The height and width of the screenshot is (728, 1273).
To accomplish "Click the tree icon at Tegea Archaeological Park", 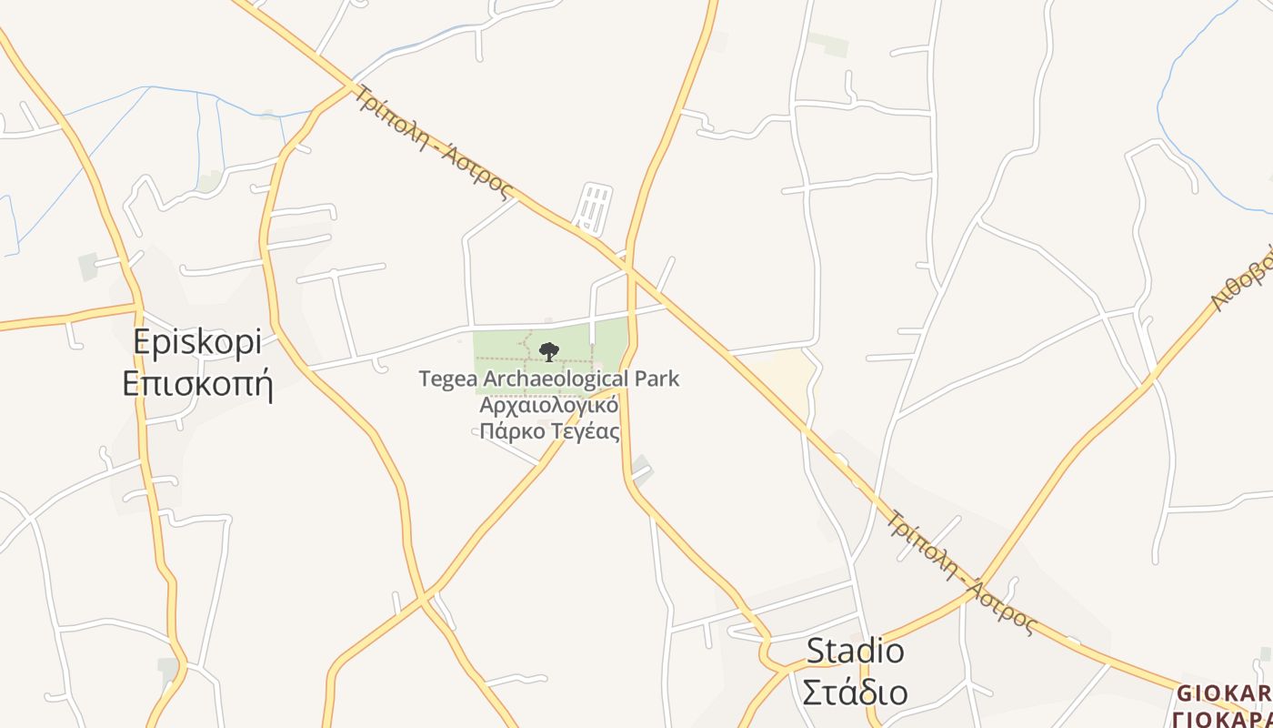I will pos(548,351).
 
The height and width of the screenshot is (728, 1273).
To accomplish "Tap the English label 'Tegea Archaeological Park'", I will pos(548,379).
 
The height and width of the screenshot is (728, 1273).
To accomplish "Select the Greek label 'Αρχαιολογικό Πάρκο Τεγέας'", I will pos(549,418).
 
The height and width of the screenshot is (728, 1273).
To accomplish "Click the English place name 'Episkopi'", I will pos(197,342).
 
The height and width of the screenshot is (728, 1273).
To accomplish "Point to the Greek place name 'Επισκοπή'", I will pos(197,384).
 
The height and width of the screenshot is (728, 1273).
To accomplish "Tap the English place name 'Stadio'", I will pos(855,651).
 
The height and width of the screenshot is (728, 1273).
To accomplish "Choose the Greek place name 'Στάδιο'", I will pos(855,692).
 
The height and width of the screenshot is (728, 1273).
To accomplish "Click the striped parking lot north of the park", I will pos(592,208).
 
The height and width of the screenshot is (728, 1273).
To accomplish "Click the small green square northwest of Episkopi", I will pos(88,267).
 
